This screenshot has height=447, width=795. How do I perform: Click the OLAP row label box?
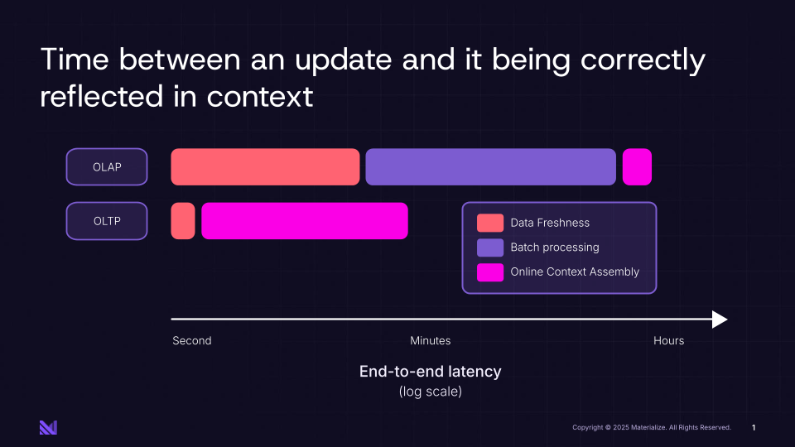click(107, 167)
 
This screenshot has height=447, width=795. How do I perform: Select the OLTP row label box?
click(107, 221)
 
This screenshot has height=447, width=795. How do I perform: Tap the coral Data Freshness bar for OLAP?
click(265, 167)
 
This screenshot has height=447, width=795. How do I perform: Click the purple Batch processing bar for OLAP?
click(490, 167)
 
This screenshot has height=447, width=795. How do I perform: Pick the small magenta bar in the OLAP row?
click(637, 167)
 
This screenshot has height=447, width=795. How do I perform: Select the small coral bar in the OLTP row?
click(183, 221)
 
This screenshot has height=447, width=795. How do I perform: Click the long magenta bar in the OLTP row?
click(305, 221)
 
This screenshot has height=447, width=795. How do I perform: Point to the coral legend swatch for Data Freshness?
click(489, 223)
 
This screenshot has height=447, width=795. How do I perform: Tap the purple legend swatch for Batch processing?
click(489, 248)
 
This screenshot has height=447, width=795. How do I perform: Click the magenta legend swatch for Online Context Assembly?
click(489, 272)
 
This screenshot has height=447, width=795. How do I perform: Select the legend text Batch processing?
click(554, 248)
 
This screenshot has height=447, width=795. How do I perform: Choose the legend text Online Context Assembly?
click(575, 272)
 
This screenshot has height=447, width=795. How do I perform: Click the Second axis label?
click(192, 341)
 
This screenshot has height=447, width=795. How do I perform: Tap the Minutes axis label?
click(431, 341)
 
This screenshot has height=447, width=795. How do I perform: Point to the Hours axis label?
click(668, 341)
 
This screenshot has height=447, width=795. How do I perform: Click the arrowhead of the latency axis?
click(720, 320)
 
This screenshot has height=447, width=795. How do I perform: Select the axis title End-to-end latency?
click(430, 372)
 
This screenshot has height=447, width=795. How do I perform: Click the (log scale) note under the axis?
click(430, 392)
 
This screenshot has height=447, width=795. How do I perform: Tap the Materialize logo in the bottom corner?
click(48, 427)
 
